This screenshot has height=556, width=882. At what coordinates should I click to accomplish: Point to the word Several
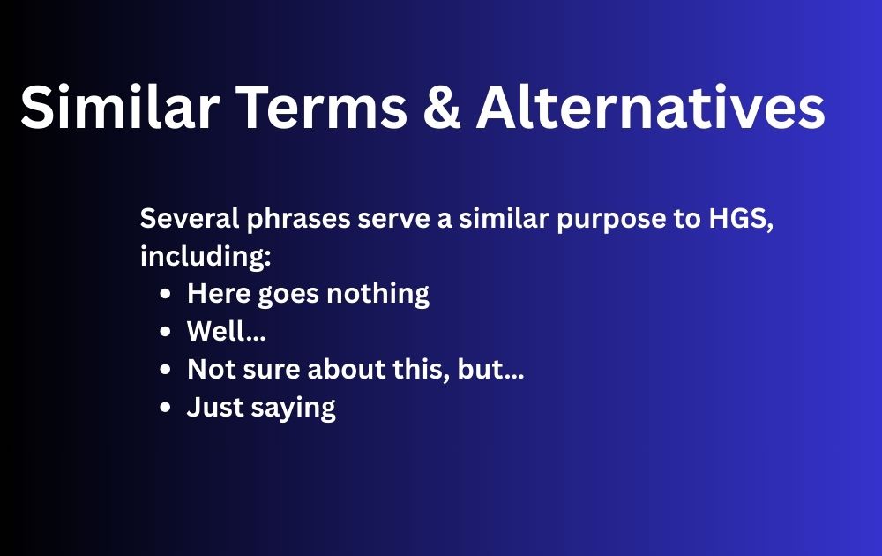click(181, 219)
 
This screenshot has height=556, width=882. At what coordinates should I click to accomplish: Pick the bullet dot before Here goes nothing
click(167, 294)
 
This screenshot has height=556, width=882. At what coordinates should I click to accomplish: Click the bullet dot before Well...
click(167, 332)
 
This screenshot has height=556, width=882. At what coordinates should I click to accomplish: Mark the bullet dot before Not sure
click(167, 370)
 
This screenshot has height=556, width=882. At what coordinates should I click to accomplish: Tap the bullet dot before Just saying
click(167, 408)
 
